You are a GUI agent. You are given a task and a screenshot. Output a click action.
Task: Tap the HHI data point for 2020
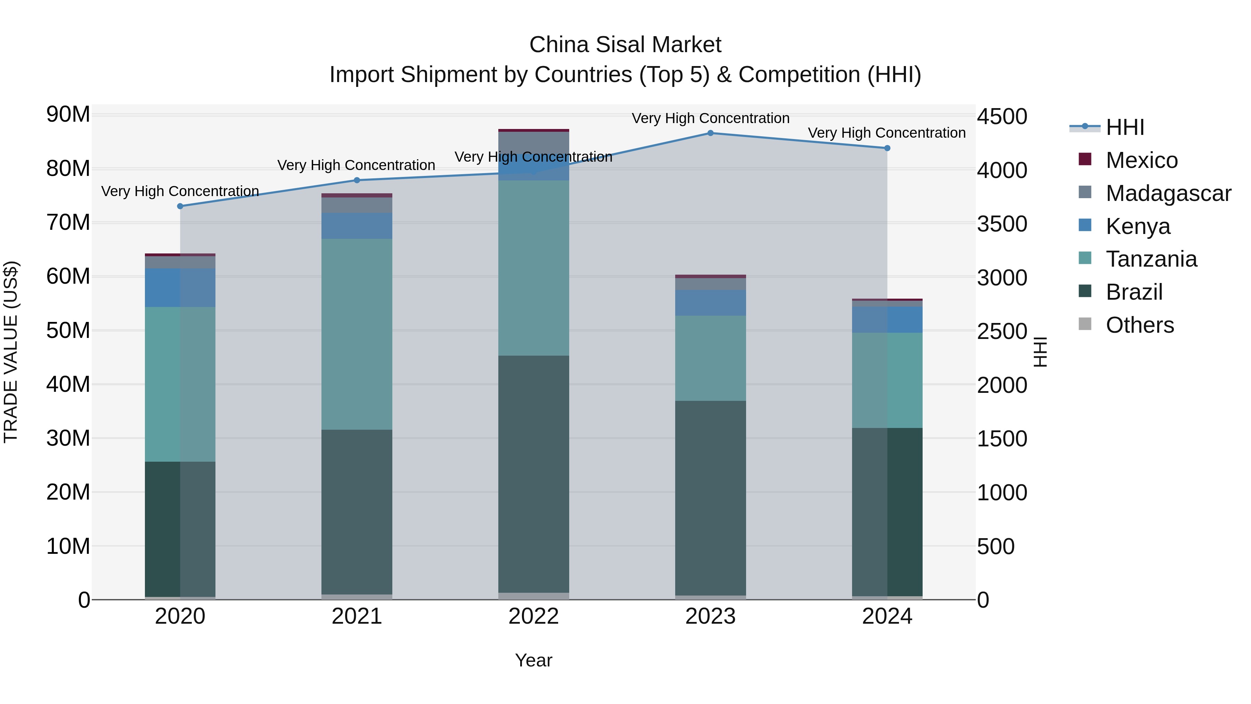point(180,206)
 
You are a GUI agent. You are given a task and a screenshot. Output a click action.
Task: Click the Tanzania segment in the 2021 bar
point(357,334)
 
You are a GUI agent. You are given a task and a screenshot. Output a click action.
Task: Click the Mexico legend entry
point(1141,160)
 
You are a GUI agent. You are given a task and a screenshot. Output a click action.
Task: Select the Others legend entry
point(1139,325)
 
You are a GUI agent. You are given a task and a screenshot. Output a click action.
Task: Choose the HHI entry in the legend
point(1125,127)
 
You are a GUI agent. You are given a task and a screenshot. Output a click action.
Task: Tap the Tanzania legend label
point(1151,259)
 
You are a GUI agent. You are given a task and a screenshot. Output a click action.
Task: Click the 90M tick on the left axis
point(68,115)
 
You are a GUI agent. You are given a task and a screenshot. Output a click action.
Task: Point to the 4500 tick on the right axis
point(1002,117)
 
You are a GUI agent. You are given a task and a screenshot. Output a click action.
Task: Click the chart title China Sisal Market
point(625,45)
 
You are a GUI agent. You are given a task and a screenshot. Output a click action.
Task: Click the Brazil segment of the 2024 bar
point(887,512)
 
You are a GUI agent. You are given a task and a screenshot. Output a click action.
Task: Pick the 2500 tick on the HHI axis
point(1002,332)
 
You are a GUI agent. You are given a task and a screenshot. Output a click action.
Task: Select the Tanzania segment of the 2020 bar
point(180,384)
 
